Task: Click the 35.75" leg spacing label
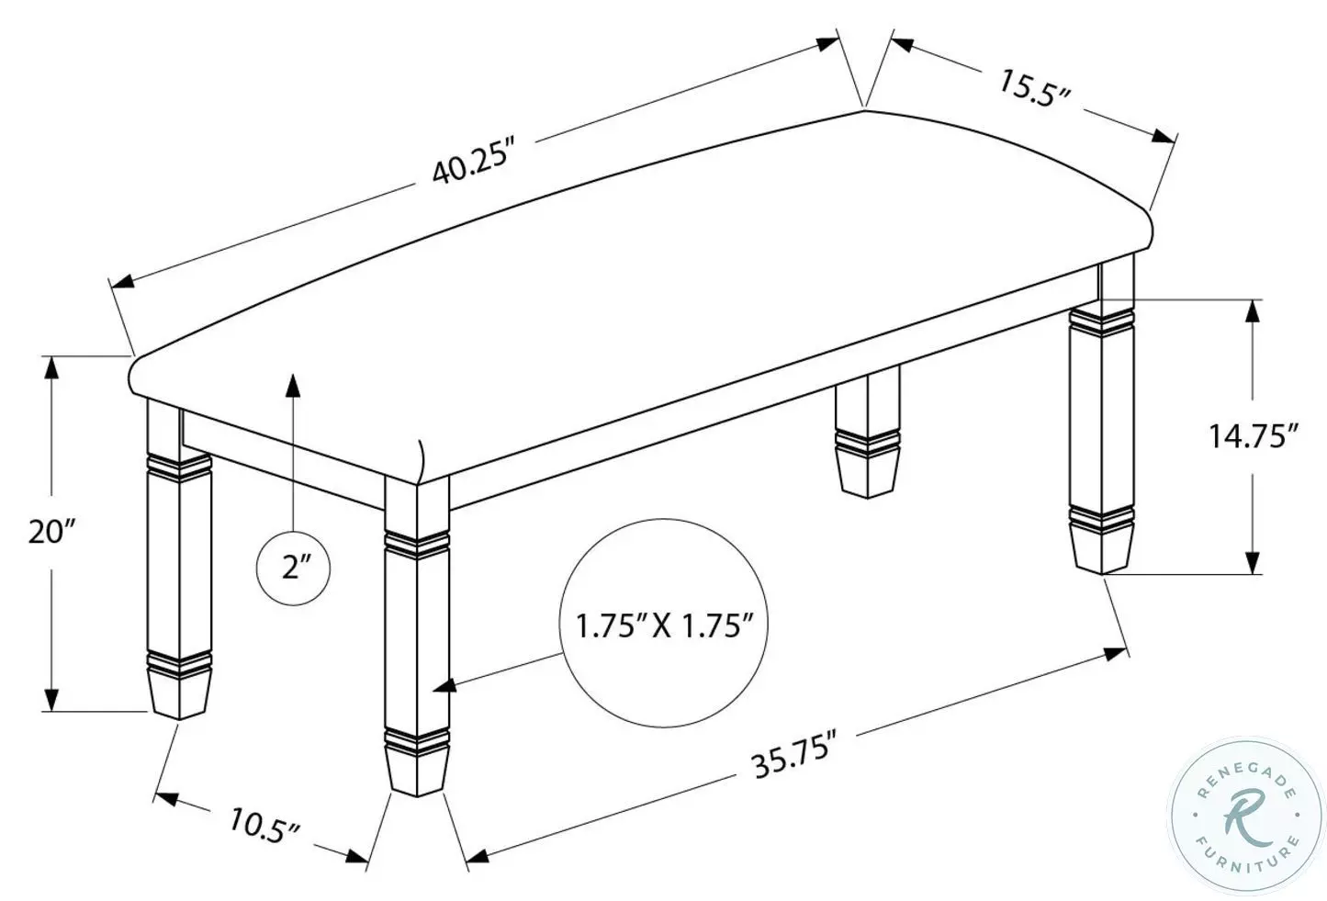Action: [793, 754]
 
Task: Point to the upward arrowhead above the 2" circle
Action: [293, 383]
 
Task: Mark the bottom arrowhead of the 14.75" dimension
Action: [1251, 561]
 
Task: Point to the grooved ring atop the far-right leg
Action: [1102, 321]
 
